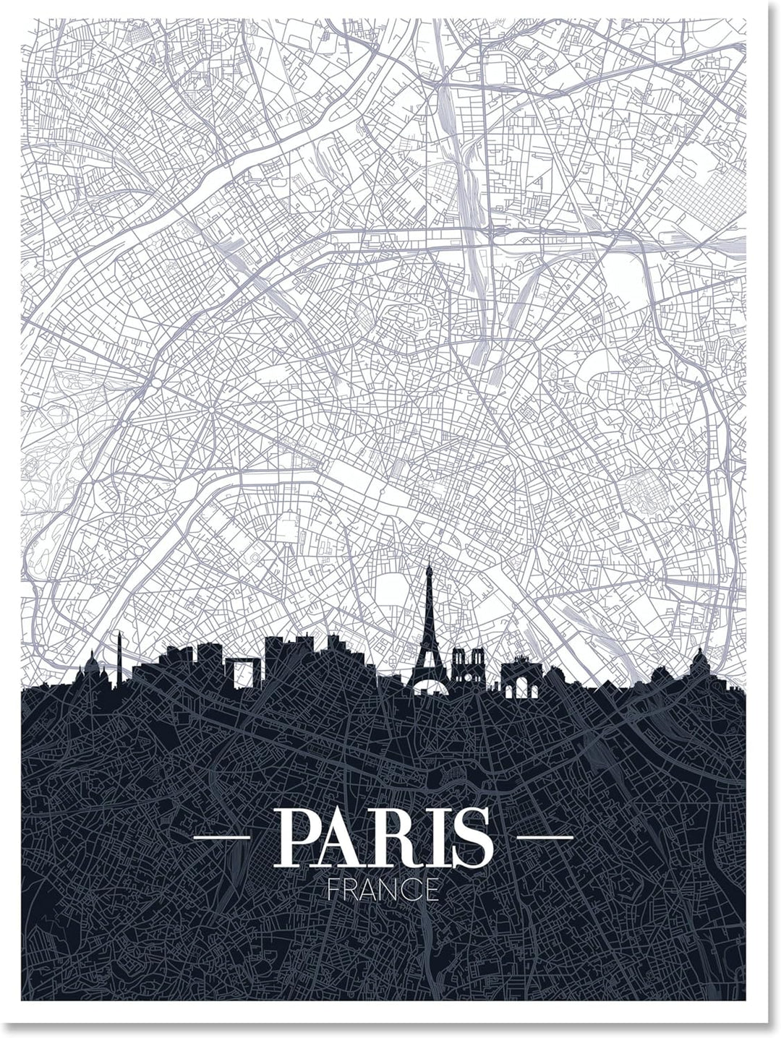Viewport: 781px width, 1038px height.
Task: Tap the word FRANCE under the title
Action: [x=383, y=888]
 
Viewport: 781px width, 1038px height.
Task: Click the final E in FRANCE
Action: [x=433, y=888]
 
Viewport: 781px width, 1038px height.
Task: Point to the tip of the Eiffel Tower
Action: [x=427, y=565]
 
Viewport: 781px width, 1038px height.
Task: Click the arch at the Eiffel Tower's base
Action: [x=427, y=688]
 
